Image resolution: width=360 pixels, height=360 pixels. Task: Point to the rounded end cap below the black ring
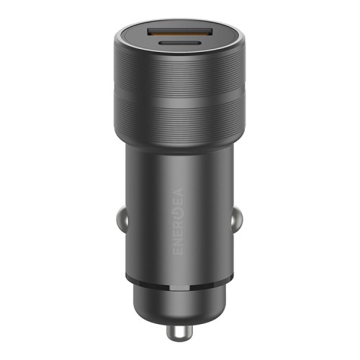pos(180,302)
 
